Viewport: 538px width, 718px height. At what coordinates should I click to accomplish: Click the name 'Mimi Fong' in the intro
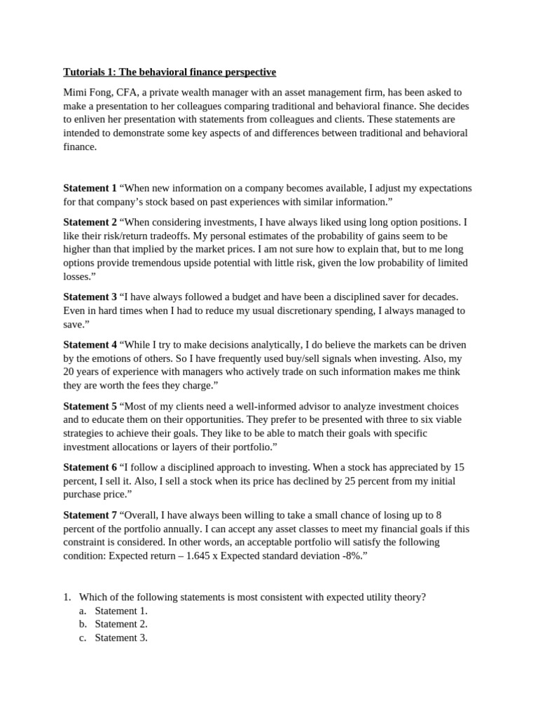coord(88,93)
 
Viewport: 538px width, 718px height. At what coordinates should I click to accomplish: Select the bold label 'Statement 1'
coord(90,189)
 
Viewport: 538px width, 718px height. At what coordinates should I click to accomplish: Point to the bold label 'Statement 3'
coord(90,297)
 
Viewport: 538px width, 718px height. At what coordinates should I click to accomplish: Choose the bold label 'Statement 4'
coord(90,345)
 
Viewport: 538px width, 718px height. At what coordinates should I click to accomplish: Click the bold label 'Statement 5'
coord(90,407)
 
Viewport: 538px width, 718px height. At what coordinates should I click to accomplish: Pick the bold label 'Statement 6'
coord(90,468)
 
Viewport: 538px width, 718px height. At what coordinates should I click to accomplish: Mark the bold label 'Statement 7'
coord(90,515)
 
